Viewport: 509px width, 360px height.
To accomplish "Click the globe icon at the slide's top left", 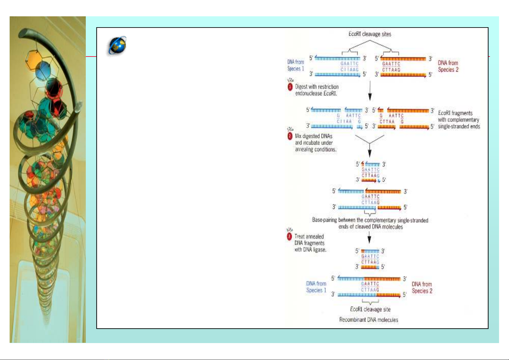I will coord(118,46).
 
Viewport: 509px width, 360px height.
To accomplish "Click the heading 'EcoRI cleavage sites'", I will coord(370,34).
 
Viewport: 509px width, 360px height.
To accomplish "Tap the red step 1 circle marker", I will coord(290,87).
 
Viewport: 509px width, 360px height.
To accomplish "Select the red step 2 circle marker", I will coord(290,136).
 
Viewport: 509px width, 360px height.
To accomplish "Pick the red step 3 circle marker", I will coord(289,236).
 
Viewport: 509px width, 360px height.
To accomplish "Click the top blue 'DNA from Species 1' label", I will coord(296,65).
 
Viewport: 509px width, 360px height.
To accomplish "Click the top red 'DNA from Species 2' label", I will coord(448,66).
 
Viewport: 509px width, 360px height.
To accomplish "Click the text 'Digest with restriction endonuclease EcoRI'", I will coord(317,90).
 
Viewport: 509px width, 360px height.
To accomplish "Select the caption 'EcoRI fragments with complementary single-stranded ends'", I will coord(459,120).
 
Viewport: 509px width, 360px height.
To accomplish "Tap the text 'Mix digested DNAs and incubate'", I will coord(315,143).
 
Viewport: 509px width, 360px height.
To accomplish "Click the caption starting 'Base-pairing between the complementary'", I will coord(370,223).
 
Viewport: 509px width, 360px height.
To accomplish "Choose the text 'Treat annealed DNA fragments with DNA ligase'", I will coord(310,243).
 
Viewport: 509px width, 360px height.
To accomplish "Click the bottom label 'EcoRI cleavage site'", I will coord(370,309).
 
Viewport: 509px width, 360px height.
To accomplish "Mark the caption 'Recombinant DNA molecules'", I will coord(369,320).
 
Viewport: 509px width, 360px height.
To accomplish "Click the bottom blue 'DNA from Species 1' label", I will coord(316,287).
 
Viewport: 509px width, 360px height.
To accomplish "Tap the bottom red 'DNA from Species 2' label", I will coord(422,287).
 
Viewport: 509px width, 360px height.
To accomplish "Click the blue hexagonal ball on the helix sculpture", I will coord(43,69).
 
